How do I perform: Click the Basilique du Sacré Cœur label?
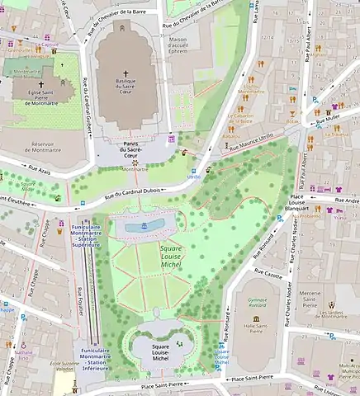click(x=126, y=88)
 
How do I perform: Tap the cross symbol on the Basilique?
click(x=126, y=73)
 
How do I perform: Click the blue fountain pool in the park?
click(x=144, y=224)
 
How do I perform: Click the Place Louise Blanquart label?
click(x=306, y=202)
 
